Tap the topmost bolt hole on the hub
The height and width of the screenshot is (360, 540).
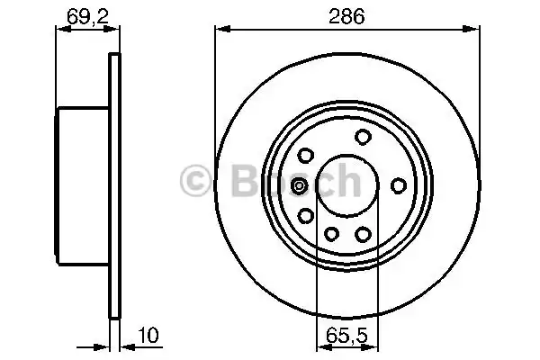pyautogui.click(x=364, y=137)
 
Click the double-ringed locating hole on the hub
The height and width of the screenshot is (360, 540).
pyautogui.click(x=300, y=186)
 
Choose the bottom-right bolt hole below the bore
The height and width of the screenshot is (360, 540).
pyautogui.click(x=364, y=234)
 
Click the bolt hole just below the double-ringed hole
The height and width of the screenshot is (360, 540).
pyautogui.click(x=306, y=215)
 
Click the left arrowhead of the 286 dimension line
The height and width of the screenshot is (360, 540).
pyautogui.click(x=219, y=30)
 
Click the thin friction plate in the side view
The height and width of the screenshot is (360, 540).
pyautogui.click(x=113, y=186)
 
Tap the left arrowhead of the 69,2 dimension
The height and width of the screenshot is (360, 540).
pyautogui.click(x=61, y=30)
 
